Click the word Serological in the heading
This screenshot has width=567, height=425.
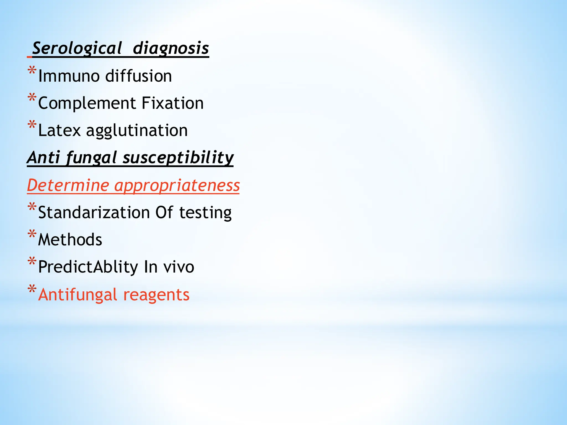point(77,48)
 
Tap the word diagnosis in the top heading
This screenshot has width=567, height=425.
point(171,48)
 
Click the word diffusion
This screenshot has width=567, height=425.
point(138,76)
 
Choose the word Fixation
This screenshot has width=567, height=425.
point(172,103)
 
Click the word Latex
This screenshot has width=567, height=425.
point(60,130)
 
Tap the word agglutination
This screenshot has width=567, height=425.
point(137,131)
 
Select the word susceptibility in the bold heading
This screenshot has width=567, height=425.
point(178,158)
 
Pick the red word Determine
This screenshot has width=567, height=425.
point(68,185)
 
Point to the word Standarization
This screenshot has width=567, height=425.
point(94,212)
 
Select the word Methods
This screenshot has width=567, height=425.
point(70,240)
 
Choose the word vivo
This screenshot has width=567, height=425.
point(179,267)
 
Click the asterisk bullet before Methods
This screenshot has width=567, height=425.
point(32,234)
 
